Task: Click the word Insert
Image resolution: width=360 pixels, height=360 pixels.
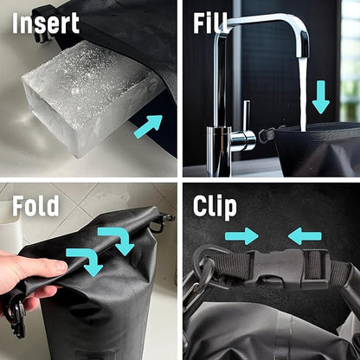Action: (x=46, y=23)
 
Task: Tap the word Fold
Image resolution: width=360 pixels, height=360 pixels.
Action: (x=35, y=206)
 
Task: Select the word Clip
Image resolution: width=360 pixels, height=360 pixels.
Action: (x=215, y=207)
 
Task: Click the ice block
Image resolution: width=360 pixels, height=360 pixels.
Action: (x=87, y=98)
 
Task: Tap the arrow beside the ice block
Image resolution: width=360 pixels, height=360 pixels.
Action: (x=148, y=126)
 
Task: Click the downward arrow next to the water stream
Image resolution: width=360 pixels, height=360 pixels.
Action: (x=321, y=97)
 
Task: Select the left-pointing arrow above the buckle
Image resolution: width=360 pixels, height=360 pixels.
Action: (x=305, y=236)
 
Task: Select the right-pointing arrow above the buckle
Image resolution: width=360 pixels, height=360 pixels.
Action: (x=241, y=236)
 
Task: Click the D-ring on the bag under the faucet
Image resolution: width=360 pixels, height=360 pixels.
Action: (x=267, y=136)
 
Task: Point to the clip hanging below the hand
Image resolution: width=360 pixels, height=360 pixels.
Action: (x=17, y=318)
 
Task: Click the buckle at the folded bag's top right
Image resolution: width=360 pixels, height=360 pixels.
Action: (x=163, y=222)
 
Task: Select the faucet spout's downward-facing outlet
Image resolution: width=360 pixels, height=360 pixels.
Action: (x=303, y=55)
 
